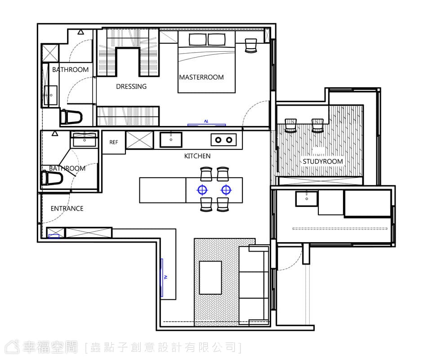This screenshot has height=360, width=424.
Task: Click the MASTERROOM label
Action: coord(201,77)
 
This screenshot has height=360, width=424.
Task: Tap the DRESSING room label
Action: coord(131,86)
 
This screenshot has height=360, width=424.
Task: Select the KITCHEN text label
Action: coord(197,156)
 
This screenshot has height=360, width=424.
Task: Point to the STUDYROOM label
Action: coord(322,162)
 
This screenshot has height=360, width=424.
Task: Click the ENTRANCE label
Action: coord(67,208)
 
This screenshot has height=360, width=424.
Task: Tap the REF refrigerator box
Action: coord(114,142)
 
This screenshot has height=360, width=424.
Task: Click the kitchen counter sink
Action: coord(170,139)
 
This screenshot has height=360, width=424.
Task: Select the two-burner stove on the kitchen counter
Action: coord(223,140)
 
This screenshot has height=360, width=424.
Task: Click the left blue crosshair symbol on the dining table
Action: coord(202,190)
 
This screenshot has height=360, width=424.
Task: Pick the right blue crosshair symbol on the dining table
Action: coord(226,190)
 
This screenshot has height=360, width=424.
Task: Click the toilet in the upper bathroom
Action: coord(71,117)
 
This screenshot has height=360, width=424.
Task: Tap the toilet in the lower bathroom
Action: coord(51,178)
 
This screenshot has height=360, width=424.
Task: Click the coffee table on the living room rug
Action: coord(210,278)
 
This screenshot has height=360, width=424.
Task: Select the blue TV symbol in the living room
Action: coord(162,278)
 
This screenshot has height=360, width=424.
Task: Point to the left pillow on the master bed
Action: coord(198,40)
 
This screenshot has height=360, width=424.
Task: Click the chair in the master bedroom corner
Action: coord(251,45)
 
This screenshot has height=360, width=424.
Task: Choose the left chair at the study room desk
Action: coord(291,126)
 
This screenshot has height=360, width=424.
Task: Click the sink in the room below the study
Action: coord(307,199)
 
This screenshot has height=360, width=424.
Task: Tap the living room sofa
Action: coord(254,286)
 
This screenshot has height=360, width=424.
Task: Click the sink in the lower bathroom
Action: coord(85,139)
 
